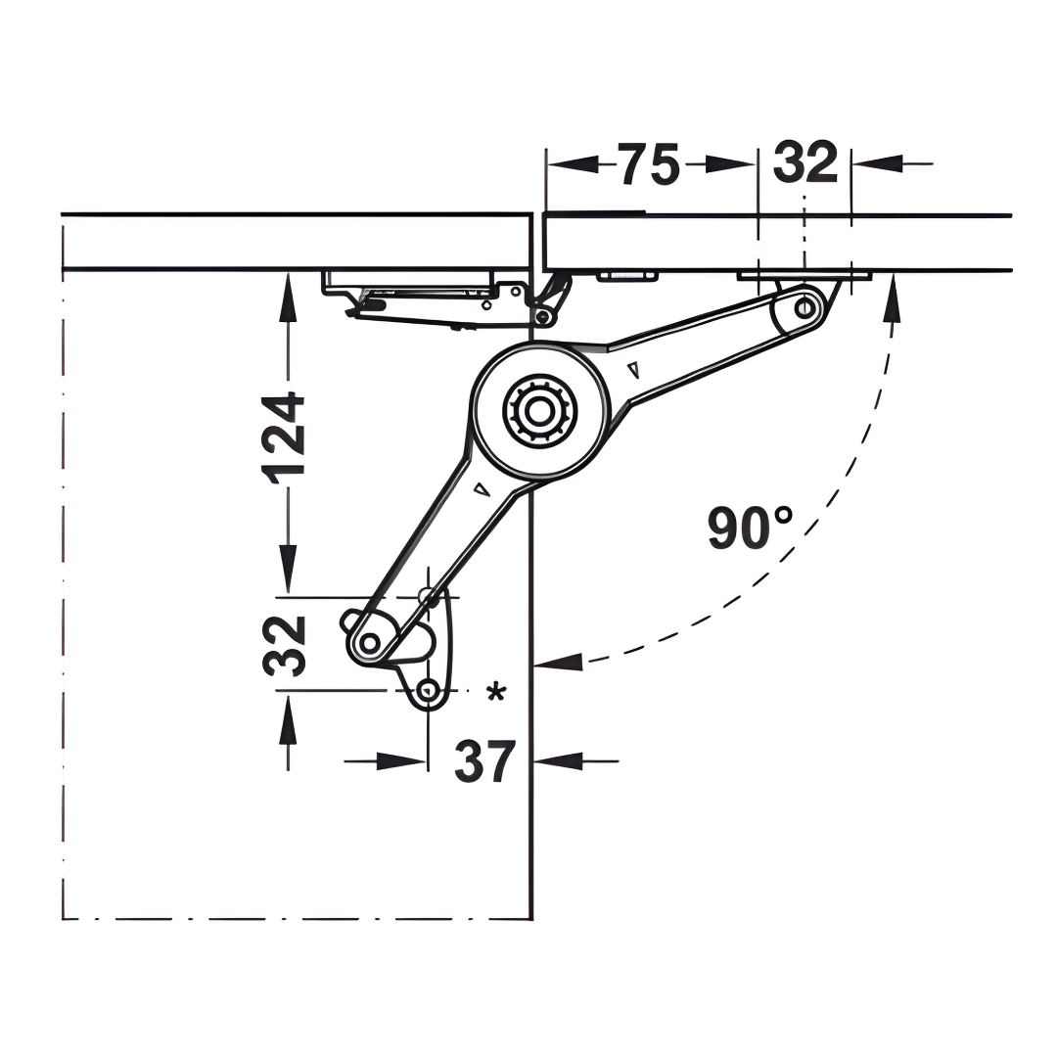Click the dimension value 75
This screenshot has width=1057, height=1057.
pos(649,163)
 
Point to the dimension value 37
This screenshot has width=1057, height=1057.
pos(484,761)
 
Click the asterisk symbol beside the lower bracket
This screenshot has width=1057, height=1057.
pos(496,692)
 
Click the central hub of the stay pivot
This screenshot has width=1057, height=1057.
pos(539,410)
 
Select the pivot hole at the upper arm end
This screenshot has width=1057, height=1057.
pos(804,308)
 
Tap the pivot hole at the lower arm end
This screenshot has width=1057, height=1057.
pos(369,643)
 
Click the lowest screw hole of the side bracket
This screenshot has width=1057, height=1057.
pos(428,691)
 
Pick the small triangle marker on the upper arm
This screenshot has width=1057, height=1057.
pos(632,369)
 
